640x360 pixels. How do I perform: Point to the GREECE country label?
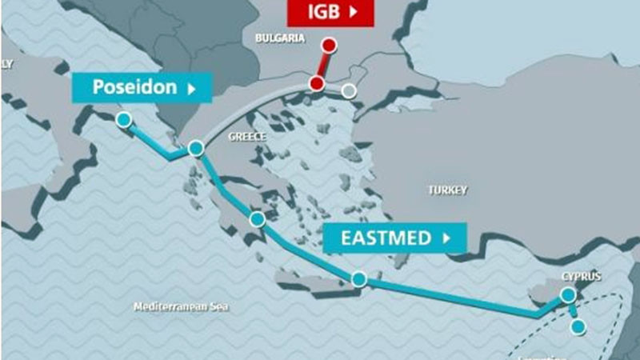(x=246, y=137)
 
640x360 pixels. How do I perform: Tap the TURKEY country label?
(x=447, y=190)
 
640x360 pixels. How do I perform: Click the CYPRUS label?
(x=580, y=276)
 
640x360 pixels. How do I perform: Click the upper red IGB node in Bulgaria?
(x=327, y=45)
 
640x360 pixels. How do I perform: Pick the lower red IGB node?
(x=317, y=84)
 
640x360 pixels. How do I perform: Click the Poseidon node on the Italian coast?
(x=123, y=120)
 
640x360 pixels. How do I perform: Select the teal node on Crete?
(x=359, y=279)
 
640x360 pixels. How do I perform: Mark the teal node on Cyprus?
(x=568, y=295)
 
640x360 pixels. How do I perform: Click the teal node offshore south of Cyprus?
(x=578, y=327)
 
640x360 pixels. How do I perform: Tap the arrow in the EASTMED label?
(x=446, y=238)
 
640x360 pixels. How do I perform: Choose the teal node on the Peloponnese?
(x=257, y=219)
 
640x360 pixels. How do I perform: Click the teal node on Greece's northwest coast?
(x=196, y=149)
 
